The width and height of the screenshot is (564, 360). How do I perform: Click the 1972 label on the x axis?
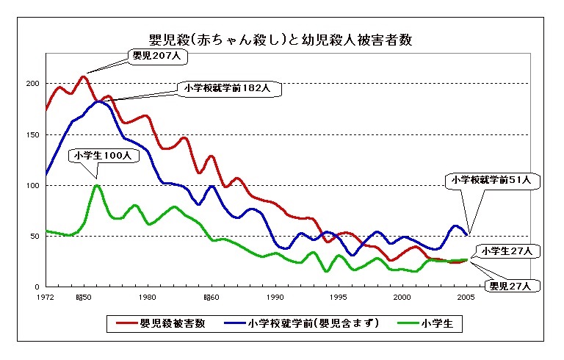tap(47, 297)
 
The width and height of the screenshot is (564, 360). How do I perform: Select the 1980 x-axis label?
tap(147, 297)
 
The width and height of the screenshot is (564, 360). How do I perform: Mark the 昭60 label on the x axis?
tap(211, 297)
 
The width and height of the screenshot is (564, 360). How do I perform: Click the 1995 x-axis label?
tap(339, 297)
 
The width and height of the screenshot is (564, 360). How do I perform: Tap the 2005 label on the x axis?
tap(466, 297)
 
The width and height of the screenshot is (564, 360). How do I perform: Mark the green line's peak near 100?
tap(97, 185)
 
